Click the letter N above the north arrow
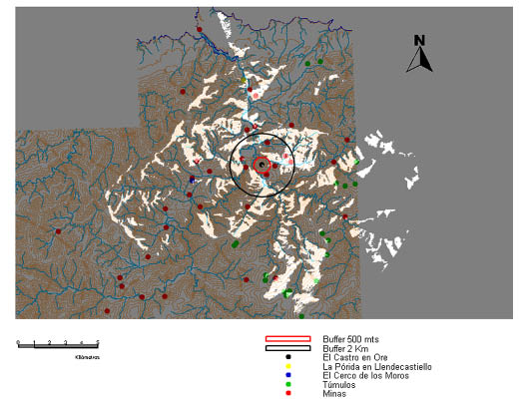point(420,41)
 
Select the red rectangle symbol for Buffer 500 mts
point(286,339)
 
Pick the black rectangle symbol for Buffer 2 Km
point(286,348)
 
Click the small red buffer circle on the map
point(262,166)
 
